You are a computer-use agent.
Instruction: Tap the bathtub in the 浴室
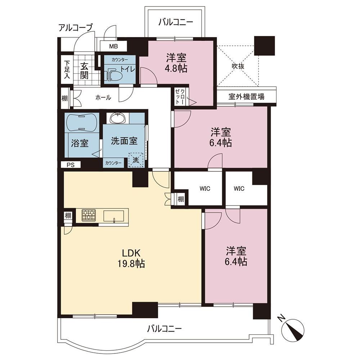click(x=82, y=123)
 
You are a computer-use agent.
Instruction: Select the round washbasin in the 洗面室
click(x=118, y=118)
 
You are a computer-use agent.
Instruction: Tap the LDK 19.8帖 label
click(x=131, y=258)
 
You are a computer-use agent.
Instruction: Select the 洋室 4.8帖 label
click(x=176, y=63)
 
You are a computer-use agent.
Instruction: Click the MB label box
click(x=113, y=46)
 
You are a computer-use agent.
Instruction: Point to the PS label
click(x=71, y=165)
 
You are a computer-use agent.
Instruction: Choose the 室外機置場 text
click(x=246, y=96)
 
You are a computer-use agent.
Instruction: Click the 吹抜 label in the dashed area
click(x=238, y=66)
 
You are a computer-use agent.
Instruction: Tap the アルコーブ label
click(x=76, y=28)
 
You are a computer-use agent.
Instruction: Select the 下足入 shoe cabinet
click(x=67, y=69)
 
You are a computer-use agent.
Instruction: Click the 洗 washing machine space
click(x=136, y=160)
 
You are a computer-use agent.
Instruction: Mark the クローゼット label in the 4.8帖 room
click(x=180, y=96)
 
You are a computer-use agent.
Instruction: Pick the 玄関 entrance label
click(x=84, y=71)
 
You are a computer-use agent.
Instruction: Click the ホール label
click(x=103, y=98)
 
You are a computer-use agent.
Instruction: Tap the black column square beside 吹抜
click(x=265, y=45)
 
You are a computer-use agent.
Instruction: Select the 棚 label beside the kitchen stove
click(x=68, y=216)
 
